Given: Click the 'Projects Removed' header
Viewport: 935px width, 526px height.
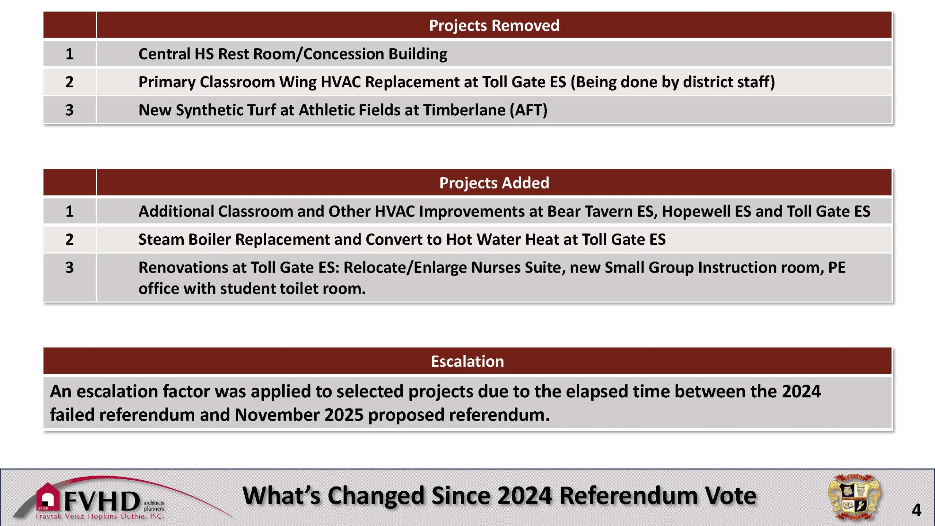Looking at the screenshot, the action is click(494, 25).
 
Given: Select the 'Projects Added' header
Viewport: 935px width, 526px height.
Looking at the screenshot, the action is click(494, 183).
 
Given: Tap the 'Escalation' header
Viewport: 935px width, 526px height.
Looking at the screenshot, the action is click(467, 361).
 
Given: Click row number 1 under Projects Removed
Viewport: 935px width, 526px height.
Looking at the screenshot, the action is click(69, 54).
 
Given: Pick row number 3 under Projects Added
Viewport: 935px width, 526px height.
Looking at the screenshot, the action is click(69, 267).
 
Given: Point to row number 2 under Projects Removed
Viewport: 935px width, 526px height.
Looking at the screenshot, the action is click(69, 82).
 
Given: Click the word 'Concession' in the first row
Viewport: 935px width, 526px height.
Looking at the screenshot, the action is click(343, 54).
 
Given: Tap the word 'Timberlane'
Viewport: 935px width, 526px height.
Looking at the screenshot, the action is click(464, 110).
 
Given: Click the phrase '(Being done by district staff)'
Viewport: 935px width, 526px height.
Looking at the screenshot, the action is click(673, 82).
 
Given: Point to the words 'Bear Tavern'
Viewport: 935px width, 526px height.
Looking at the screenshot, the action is click(590, 211).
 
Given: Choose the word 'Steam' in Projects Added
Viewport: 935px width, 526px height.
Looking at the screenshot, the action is click(161, 240).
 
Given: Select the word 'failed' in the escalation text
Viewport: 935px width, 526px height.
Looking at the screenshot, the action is click(72, 415).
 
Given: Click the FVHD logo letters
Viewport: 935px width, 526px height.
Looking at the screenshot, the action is click(102, 501).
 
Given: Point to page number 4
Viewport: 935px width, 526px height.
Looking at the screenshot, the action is click(916, 510).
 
